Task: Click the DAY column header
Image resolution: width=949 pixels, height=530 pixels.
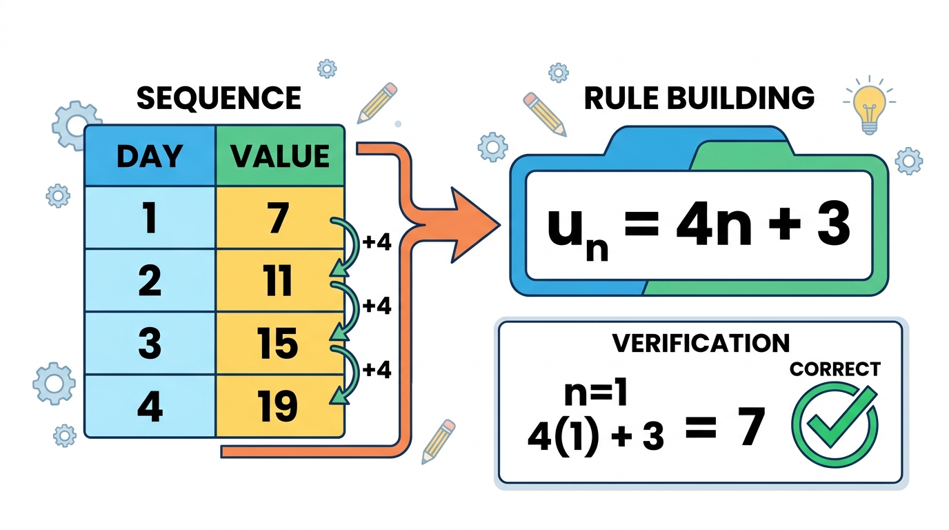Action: tap(150, 155)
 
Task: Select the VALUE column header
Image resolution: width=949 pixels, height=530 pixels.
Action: tap(280, 155)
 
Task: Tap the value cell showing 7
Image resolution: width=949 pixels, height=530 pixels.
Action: tap(279, 217)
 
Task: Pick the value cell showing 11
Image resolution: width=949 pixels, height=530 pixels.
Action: tap(279, 280)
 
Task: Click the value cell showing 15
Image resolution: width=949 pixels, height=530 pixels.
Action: tap(279, 343)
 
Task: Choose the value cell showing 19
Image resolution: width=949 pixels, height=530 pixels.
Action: tap(279, 406)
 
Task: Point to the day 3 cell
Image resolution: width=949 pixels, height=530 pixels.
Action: tap(150, 343)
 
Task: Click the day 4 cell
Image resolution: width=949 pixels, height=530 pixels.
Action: tap(150, 406)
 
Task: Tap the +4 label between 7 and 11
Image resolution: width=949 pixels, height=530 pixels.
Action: tap(377, 242)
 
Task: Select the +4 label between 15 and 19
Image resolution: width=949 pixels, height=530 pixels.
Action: tap(377, 369)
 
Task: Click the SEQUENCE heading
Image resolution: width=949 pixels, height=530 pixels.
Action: tap(219, 98)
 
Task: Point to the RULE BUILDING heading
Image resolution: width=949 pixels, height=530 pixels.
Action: tap(699, 98)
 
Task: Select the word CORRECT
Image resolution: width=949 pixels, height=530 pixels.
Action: tap(835, 369)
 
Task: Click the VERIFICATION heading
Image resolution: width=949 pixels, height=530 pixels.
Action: tap(701, 343)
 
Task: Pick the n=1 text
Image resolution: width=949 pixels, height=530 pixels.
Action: tap(595, 394)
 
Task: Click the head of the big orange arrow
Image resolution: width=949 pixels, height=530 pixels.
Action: tap(474, 225)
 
